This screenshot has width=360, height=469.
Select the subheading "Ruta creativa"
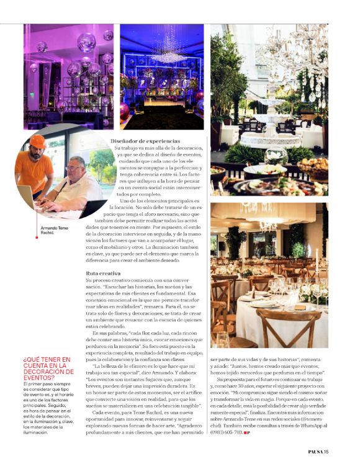[x=103, y=272]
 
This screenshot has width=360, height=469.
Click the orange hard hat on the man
[x=38, y=141]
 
